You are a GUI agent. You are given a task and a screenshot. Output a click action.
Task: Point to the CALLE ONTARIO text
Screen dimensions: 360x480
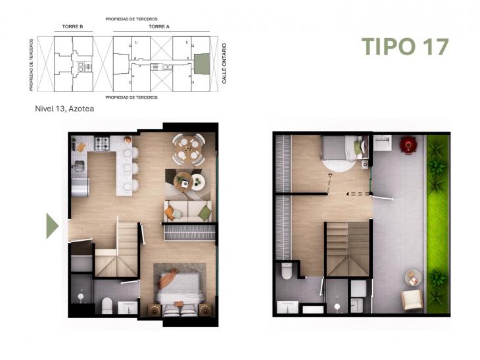pyautogui.click(x=224, y=63)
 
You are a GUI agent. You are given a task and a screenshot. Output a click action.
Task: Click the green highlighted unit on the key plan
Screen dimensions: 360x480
pyautogui.click(x=201, y=64)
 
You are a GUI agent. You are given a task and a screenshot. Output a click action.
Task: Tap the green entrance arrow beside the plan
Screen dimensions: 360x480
pyautogui.click(x=52, y=226)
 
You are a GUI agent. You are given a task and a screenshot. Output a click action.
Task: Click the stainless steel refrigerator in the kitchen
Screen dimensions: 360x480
pyautogui.click(x=80, y=187)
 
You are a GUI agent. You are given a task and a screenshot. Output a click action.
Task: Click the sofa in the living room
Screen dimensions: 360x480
pyautogui.click(x=188, y=211)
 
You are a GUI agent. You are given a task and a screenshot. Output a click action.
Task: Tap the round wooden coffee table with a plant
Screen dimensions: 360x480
pyautogui.click(x=183, y=181)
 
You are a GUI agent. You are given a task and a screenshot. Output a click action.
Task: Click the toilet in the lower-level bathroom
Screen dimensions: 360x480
pyautogui.click(x=107, y=305)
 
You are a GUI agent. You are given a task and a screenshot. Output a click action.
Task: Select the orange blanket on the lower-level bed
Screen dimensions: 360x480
pyautogui.click(x=168, y=280)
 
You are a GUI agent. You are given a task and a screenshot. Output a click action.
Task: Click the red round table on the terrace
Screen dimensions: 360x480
pyautogui.click(x=408, y=143)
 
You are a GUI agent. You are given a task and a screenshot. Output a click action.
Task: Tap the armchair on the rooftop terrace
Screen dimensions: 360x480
pyautogui.click(x=412, y=299)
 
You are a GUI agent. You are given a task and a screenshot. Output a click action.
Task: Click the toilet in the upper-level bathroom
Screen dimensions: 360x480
pyautogui.click(x=286, y=272)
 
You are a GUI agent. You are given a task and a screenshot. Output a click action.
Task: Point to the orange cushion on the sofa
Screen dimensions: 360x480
pyautogui.click(x=170, y=212)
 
